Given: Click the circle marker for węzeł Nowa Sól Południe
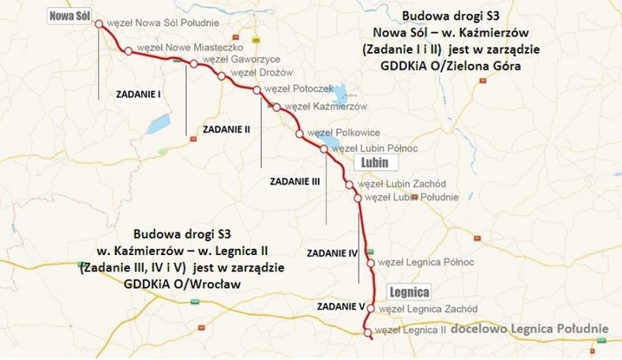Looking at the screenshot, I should point(99,24).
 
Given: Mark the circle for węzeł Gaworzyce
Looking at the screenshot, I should point(193,64).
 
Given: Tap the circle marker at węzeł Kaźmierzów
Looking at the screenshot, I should point(277,107).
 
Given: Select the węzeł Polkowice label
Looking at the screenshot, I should point(343,133).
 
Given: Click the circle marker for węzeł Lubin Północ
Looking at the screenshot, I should point(323,149).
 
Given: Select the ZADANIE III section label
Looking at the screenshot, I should point(294,181).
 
